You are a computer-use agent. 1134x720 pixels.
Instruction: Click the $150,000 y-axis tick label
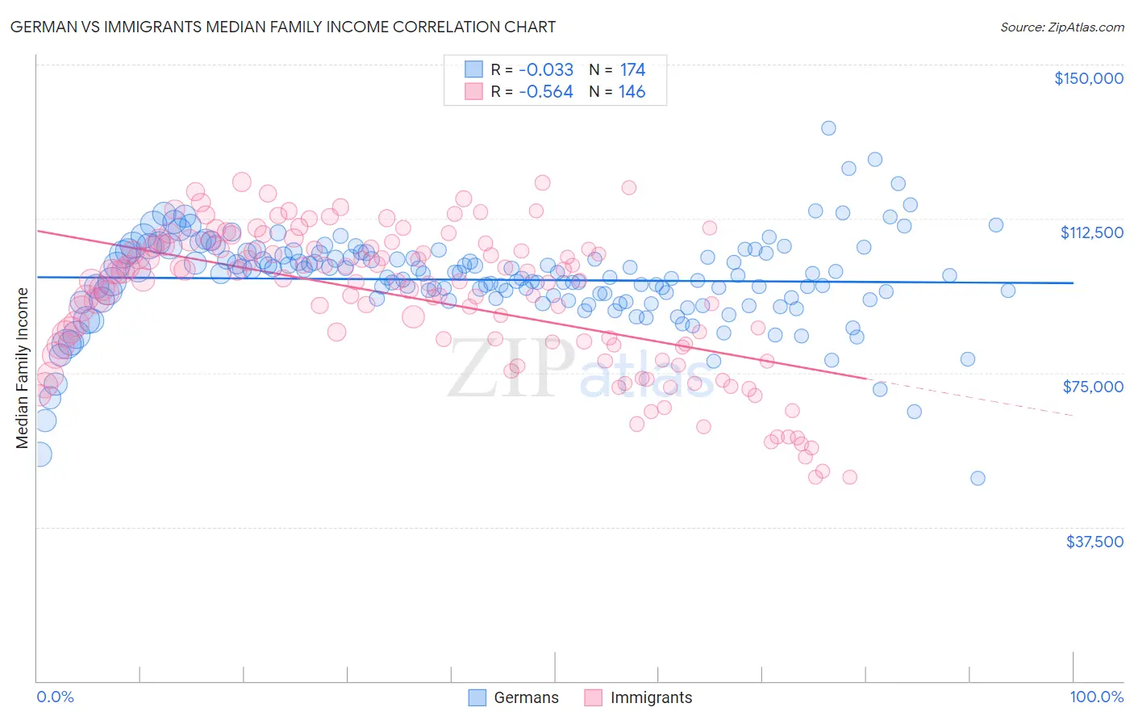coord(1088,78)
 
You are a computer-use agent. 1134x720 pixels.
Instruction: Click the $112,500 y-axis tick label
coord(1091,232)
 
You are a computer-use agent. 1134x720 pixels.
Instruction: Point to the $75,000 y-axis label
coord(1093,387)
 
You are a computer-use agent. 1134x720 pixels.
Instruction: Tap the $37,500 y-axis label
coord(1094,542)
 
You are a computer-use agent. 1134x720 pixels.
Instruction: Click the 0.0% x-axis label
coord(55,697)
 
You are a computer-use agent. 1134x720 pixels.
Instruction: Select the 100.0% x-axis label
coord(1096,697)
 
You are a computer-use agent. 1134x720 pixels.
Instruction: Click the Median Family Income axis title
coord(22,368)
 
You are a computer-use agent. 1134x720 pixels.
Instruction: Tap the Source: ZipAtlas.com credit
coord(1061,27)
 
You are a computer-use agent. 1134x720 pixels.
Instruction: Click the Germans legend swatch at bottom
coord(477,697)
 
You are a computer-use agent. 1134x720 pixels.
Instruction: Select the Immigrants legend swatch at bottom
coord(594,697)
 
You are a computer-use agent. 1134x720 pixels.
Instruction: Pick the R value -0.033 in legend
coord(546,69)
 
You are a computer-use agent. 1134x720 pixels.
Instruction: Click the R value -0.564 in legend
coord(546,92)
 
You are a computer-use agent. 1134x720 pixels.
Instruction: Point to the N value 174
coord(632,69)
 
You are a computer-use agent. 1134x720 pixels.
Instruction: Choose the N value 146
coord(632,92)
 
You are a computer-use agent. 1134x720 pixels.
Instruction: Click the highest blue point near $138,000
coord(828,128)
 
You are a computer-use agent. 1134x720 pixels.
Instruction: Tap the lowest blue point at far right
coord(978,478)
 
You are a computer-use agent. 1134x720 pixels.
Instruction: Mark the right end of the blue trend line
coord(1073,283)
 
